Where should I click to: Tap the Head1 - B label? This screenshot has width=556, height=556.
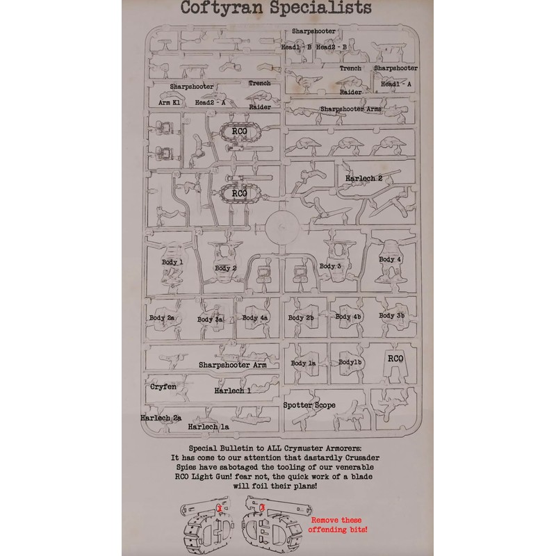[x=296, y=47]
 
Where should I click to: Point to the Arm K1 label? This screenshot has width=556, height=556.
[x=170, y=102]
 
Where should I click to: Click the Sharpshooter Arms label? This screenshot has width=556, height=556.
[x=352, y=110]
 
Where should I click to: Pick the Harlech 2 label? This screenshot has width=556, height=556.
[x=364, y=178]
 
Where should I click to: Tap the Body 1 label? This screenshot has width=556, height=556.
[x=171, y=262]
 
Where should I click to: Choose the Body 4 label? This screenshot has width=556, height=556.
[x=390, y=259]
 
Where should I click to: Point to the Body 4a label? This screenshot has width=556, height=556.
[x=255, y=318]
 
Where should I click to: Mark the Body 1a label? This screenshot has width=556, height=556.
[x=304, y=363]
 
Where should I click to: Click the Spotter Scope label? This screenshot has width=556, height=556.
[x=309, y=405]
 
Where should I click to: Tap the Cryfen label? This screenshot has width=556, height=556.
[x=163, y=385]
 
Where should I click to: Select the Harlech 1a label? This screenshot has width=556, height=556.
[x=208, y=426]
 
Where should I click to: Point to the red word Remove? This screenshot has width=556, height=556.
[x=326, y=519]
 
